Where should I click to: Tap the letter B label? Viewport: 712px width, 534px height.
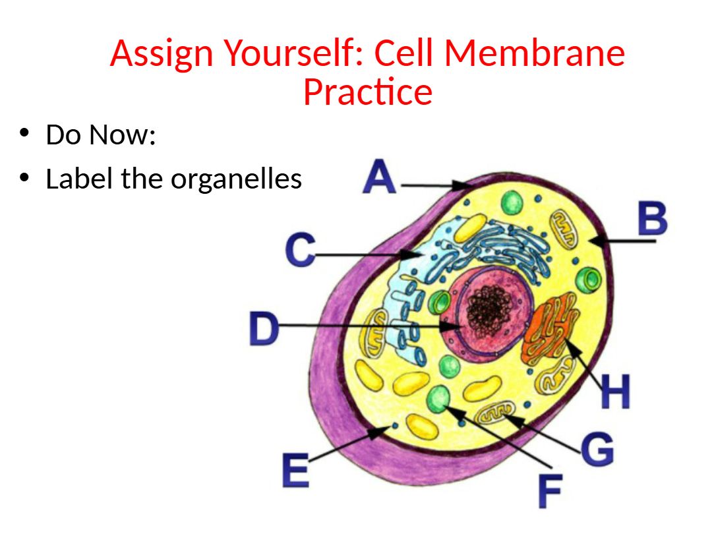tap(652, 220)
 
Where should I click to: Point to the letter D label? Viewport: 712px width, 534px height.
tap(264, 329)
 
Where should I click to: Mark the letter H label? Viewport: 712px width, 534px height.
tap(615, 392)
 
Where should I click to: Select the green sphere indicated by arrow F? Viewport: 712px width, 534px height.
tap(439, 398)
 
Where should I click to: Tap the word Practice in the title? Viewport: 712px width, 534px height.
tap(367, 92)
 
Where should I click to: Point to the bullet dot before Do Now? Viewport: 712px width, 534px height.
tap(25, 133)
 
